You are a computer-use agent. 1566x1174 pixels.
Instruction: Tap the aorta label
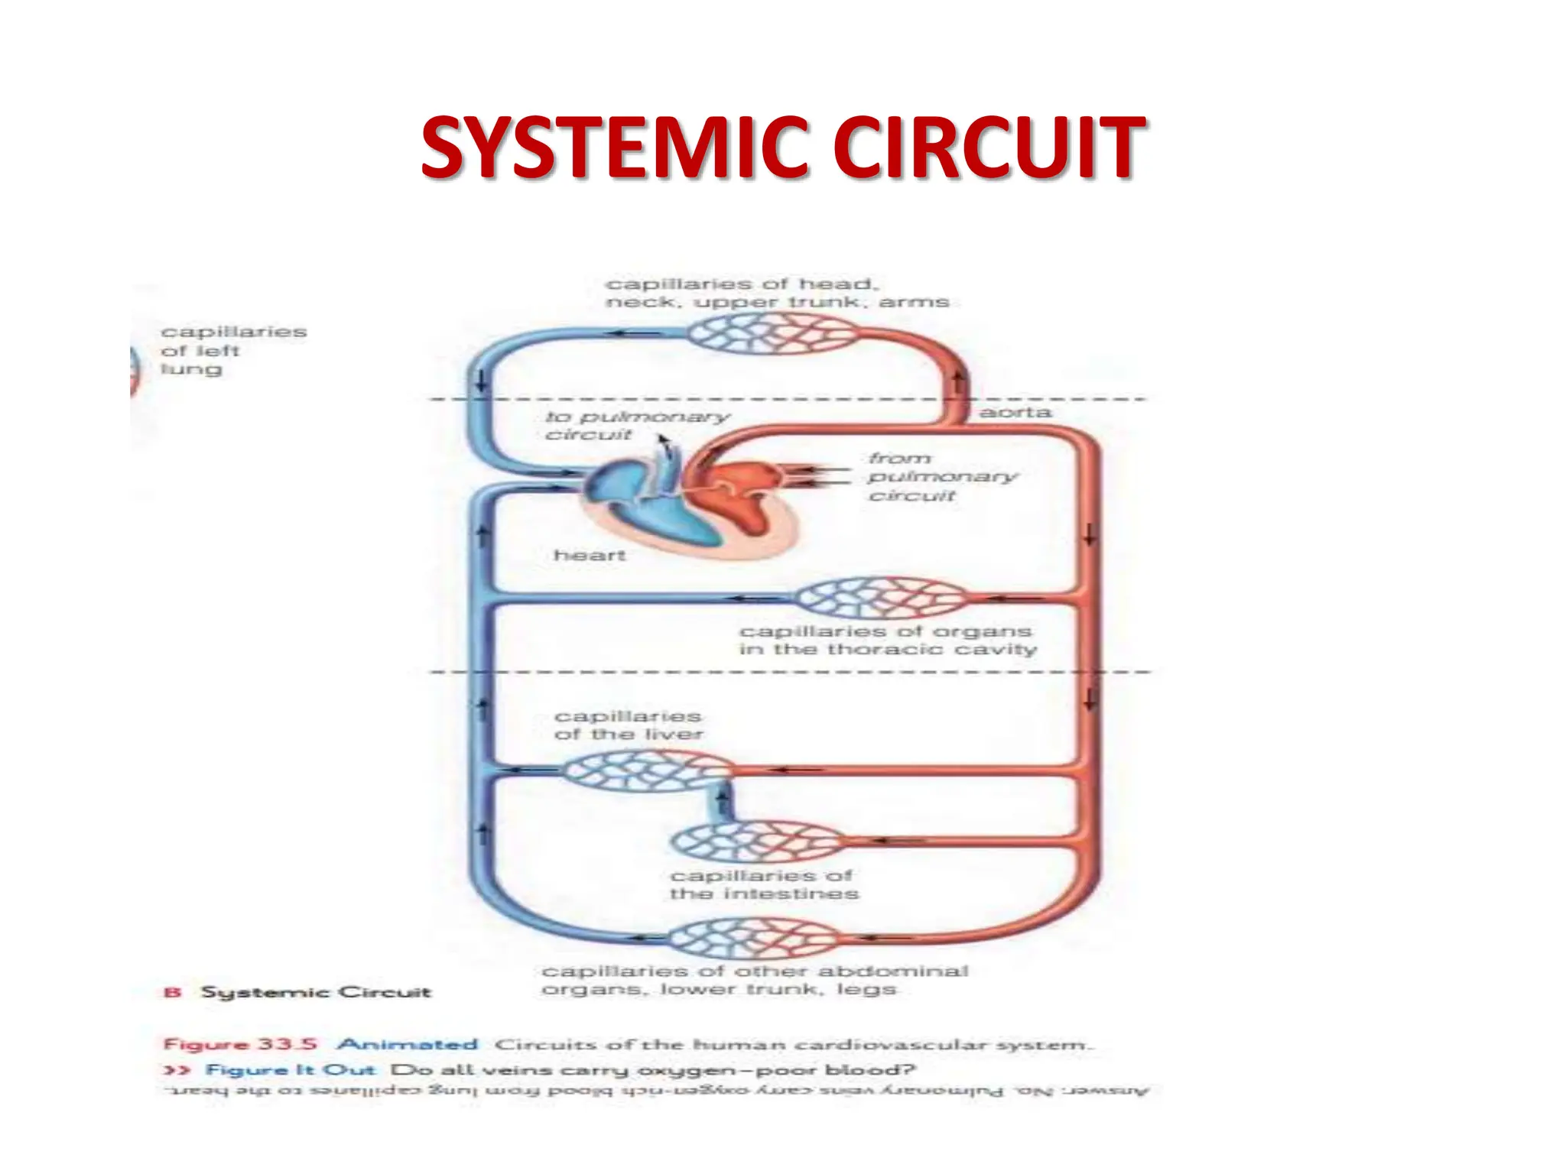click(x=1015, y=413)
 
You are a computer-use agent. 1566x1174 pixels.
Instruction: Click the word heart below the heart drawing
click(x=590, y=555)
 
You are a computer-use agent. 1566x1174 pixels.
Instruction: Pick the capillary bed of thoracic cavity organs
click(x=879, y=598)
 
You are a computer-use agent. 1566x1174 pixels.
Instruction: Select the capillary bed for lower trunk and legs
click(x=753, y=938)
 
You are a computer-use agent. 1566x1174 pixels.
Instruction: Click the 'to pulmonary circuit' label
click(x=637, y=426)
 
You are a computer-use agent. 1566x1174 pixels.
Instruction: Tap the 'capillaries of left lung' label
click(x=233, y=351)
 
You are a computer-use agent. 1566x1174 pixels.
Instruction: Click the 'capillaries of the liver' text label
click(x=628, y=725)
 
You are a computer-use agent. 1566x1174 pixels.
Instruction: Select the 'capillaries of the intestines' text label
click(x=764, y=885)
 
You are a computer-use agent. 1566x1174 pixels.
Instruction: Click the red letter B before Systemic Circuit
click(x=173, y=992)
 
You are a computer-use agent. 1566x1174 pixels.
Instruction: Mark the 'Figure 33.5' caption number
click(x=240, y=1044)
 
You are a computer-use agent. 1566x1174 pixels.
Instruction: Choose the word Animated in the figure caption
click(x=408, y=1044)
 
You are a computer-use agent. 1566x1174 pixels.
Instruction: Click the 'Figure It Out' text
click(x=291, y=1070)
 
